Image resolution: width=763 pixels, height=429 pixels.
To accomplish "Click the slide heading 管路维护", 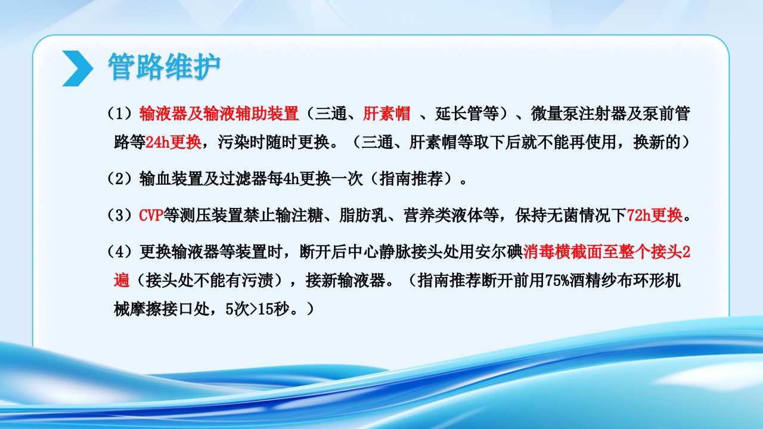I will pos(164,66).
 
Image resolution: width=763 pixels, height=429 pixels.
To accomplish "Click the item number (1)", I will pos(122,113).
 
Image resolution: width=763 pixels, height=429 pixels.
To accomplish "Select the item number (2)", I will pos(122,179).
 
